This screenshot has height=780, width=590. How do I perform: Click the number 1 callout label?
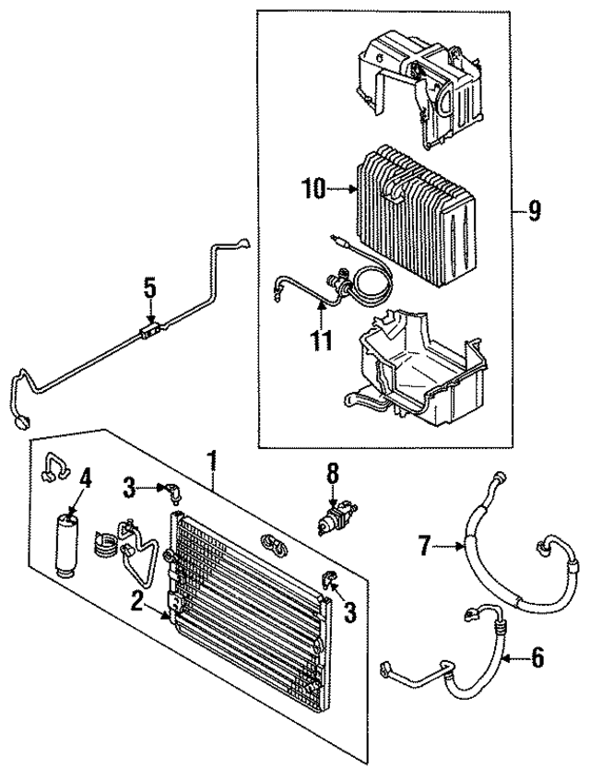coord(213,458)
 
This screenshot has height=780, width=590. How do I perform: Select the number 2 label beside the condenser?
coord(136,601)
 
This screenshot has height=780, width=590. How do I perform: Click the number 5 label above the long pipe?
coord(149,287)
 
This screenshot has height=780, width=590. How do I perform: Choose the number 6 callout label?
coord(537,657)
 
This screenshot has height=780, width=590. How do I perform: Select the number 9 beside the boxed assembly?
coord(534,211)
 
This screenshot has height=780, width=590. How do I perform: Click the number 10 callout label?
coord(313,190)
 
